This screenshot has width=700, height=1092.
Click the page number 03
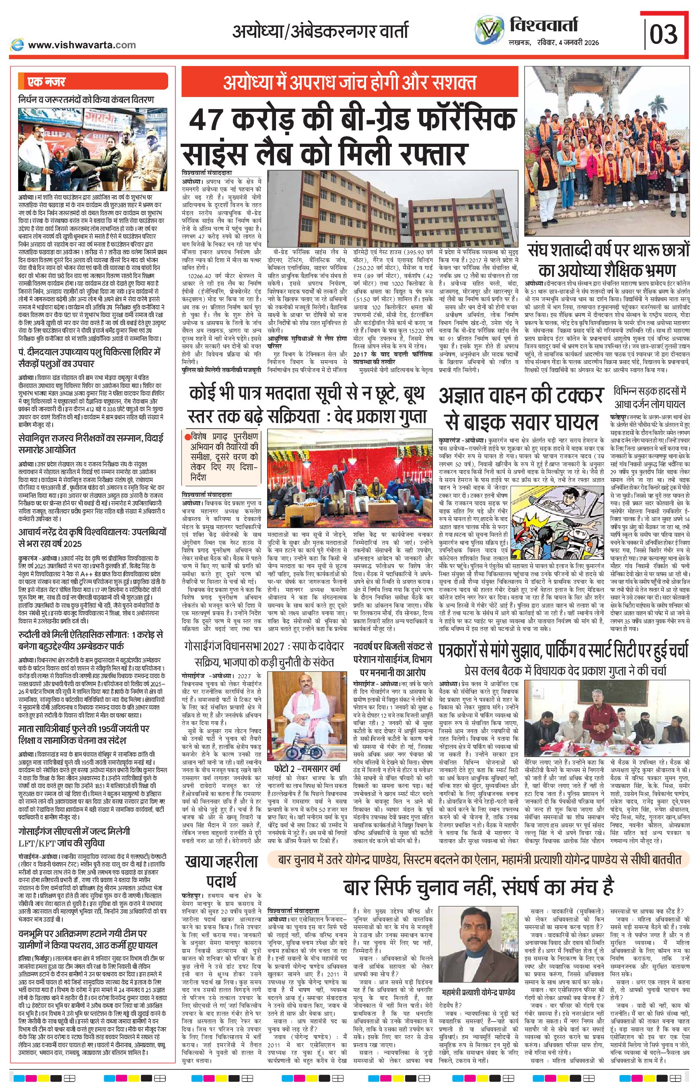pyautogui.click(x=664, y=35)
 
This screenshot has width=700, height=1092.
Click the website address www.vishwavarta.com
pyautogui.click(x=82, y=45)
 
